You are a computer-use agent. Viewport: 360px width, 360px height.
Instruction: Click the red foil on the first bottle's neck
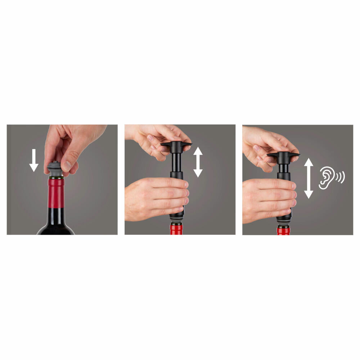pos(56,193)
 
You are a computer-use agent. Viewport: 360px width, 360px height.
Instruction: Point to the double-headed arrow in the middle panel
pos(198,162)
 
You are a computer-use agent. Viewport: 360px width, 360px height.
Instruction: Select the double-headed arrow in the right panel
pos(309,179)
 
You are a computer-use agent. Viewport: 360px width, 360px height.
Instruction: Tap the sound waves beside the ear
pos(340,177)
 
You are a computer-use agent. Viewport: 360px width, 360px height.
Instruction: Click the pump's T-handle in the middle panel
pos(176,145)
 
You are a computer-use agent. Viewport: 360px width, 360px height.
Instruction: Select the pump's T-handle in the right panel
pos(283,155)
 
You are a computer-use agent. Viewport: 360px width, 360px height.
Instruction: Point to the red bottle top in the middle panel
pos(176,229)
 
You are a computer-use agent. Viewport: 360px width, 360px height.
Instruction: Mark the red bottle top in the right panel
pos(283,230)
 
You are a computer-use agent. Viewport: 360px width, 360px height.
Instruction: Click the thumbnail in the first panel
pos(67,166)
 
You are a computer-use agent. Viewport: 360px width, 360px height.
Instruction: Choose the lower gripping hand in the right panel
pos(266,200)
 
